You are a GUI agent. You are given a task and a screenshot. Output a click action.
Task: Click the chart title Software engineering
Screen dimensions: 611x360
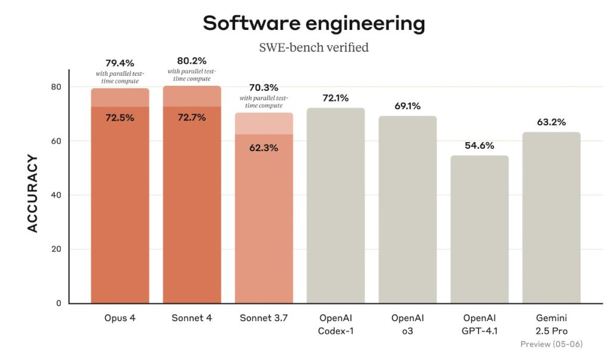click(314, 23)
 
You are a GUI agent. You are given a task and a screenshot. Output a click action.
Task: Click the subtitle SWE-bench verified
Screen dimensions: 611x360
click(314, 48)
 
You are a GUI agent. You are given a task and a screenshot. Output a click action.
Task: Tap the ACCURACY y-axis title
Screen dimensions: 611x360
click(33, 193)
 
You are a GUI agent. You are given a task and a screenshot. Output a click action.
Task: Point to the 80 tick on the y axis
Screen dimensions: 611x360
click(56, 87)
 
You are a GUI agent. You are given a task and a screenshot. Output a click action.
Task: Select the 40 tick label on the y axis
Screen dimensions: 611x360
click(56, 195)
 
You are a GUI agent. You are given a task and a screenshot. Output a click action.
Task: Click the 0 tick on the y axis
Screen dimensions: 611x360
click(59, 303)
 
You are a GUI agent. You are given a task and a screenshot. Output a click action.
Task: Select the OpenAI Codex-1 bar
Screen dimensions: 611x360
click(335, 205)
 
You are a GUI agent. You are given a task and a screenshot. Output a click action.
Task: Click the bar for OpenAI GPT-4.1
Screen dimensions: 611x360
click(479, 229)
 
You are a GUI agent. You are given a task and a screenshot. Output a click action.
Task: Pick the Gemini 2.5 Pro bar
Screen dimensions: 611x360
click(551, 218)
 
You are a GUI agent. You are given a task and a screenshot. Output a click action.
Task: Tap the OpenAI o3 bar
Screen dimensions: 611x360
click(408, 210)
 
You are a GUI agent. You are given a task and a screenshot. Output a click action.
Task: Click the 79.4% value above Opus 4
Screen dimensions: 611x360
click(119, 63)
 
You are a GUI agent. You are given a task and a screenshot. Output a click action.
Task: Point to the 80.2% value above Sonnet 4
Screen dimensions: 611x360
click(192, 61)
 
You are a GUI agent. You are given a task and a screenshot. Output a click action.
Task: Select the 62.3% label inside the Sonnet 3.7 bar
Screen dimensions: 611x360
click(264, 148)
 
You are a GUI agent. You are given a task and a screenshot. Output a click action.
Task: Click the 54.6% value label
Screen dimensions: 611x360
click(479, 146)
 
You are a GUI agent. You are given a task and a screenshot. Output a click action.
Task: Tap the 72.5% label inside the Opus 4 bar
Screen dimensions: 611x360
click(119, 118)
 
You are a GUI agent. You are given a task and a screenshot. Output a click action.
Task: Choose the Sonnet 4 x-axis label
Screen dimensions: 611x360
click(192, 318)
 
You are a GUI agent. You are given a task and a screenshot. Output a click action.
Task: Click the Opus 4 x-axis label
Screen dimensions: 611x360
click(119, 318)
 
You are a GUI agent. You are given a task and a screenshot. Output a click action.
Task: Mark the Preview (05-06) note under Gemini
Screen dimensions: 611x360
click(551, 344)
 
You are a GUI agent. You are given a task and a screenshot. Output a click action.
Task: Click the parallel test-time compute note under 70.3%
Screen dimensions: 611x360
click(264, 101)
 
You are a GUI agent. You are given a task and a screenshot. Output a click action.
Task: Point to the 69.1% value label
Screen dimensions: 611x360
click(408, 106)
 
